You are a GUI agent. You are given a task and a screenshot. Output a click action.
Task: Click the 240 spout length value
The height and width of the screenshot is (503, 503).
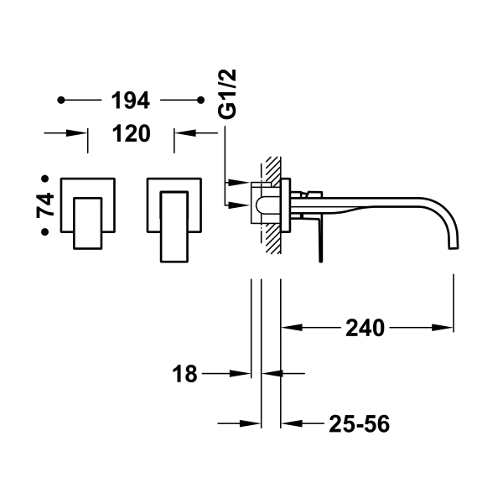pyautogui.click(x=366, y=328)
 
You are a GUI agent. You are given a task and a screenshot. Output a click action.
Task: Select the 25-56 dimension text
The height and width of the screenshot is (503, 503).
pyautogui.click(x=360, y=423)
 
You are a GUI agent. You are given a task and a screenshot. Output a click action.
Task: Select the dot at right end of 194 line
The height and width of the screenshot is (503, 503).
pyautogui.click(x=200, y=101)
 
